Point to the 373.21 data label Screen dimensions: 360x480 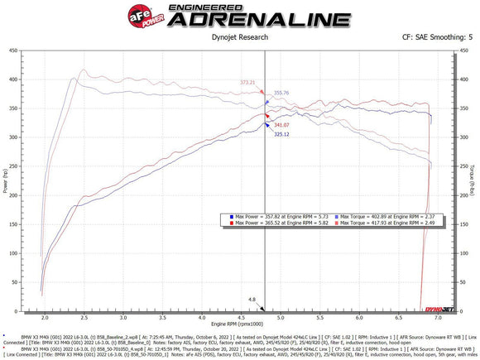click(247, 83)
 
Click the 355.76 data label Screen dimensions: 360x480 click(281, 93)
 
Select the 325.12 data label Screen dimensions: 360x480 click(281, 133)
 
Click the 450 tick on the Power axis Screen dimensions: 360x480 click(15, 50)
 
